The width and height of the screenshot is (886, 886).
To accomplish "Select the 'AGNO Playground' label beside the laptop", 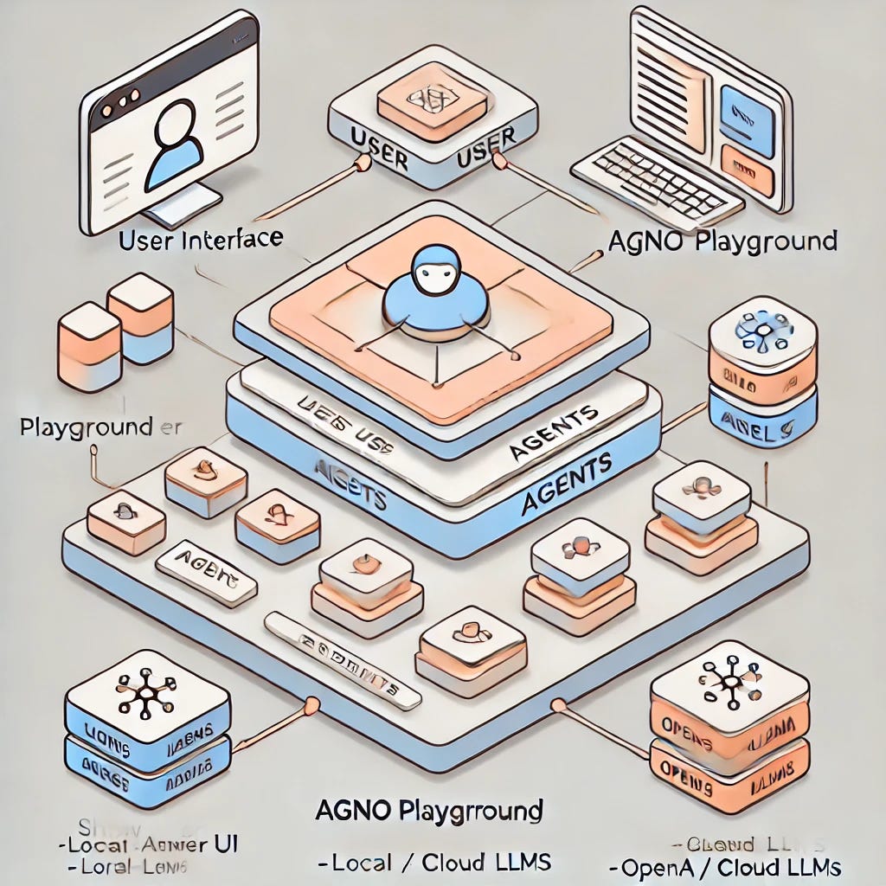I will tap(722, 240).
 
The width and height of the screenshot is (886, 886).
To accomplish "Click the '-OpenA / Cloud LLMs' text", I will tap(725, 866).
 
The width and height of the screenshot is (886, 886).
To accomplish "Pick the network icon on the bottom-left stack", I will tap(144, 693).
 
